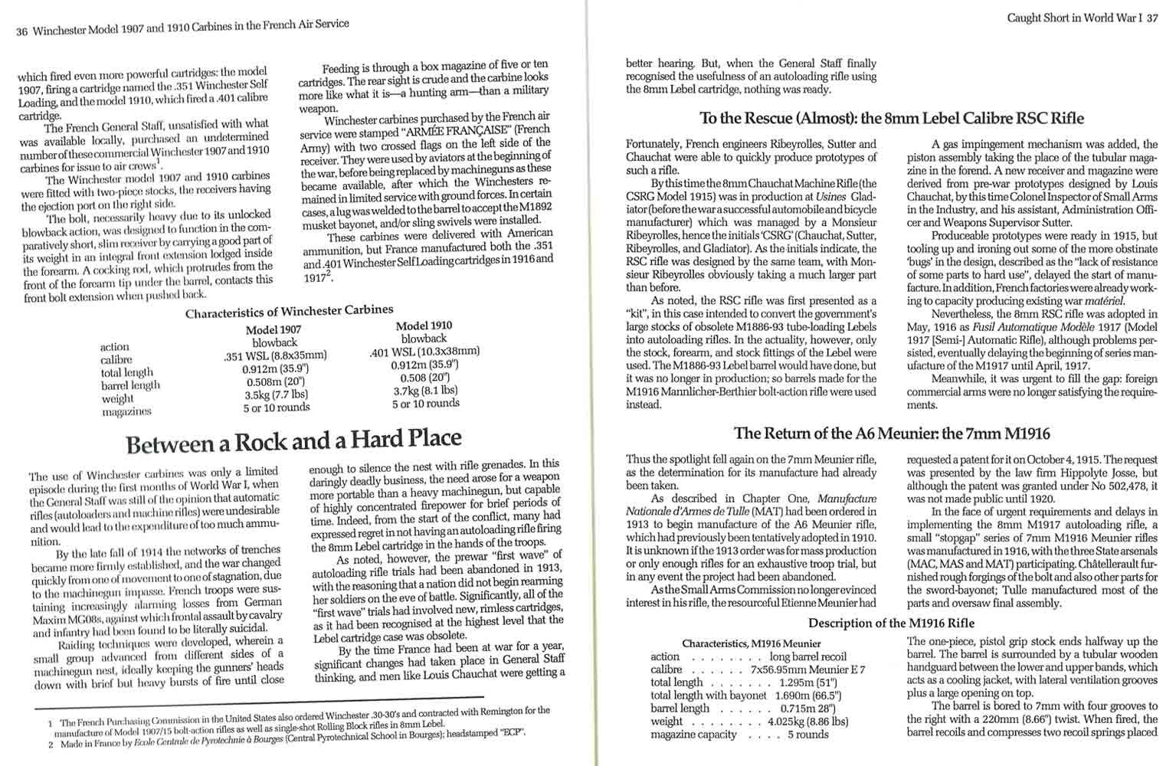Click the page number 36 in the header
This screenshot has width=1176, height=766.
coord(21,32)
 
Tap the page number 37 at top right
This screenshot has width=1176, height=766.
coord(1152,18)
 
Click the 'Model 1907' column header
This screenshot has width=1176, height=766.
coord(274,330)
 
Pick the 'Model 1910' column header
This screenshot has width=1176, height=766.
coord(424,326)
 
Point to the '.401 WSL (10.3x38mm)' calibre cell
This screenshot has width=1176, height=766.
coord(424,352)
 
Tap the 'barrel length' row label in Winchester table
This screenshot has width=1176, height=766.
coord(130,385)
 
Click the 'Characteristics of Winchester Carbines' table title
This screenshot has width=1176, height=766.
coord(289,312)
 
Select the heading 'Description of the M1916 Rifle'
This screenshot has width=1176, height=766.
coord(891,623)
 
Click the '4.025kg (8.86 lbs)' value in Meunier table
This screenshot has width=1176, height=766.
coord(807,721)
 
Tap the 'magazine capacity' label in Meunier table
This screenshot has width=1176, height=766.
coord(693,735)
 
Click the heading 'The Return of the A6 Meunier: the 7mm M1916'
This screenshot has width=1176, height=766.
coord(892,434)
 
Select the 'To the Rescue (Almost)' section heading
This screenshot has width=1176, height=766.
coord(892,119)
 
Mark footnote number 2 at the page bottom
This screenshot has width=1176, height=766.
coord(51,744)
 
